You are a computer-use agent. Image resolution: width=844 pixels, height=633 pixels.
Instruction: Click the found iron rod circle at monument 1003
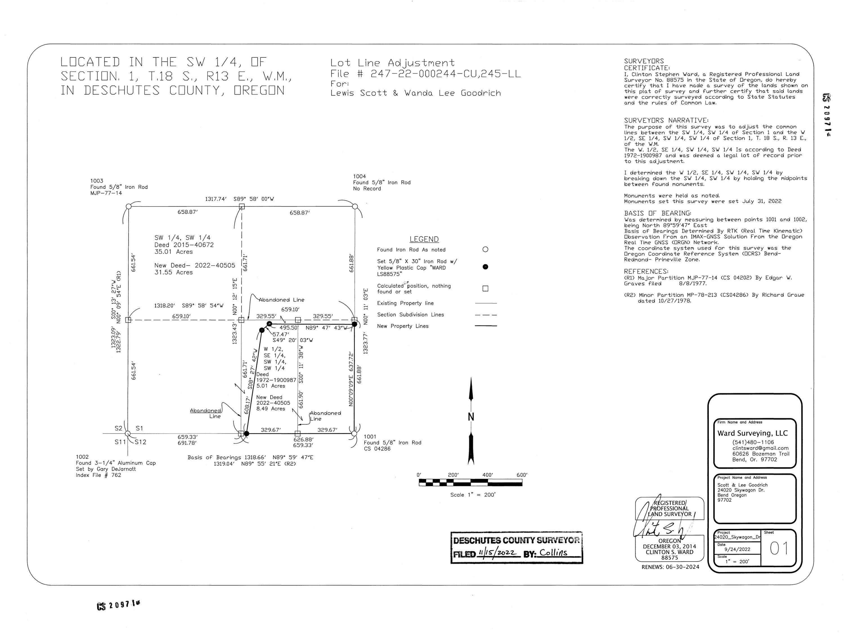coord(129,206)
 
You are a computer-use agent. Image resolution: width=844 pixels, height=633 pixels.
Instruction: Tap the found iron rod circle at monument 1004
coord(355,206)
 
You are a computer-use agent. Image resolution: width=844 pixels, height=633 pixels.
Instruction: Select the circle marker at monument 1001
coord(354,434)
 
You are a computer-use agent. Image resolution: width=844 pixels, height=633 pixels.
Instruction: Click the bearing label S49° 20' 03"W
coord(293,340)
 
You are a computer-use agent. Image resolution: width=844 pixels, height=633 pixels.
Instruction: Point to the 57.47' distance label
coord(280,334)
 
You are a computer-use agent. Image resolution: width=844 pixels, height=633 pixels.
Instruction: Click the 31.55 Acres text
coord(174,272)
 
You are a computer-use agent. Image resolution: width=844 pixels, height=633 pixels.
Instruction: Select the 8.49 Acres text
coord(271,409)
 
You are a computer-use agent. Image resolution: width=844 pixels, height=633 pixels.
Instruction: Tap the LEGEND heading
coord(424,239)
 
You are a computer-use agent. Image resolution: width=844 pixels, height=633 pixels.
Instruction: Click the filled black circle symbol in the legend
coord(485,267)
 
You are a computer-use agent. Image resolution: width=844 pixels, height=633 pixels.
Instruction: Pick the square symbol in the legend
coord(485,288)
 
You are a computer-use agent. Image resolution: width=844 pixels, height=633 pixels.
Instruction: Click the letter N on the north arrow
coord(471,417)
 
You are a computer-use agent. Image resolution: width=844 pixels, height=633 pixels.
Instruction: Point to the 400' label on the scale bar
coord(488,475)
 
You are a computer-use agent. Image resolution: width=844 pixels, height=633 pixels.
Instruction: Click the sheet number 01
coord(779,549)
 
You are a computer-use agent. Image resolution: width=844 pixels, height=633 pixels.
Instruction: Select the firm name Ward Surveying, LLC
coord(753,433)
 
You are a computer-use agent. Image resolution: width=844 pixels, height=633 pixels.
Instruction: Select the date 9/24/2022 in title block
coord(737,549)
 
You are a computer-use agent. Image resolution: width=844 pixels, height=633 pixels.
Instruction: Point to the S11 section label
coord(120,442)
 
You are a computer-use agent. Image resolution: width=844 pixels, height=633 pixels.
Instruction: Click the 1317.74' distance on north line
coord(216,199)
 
